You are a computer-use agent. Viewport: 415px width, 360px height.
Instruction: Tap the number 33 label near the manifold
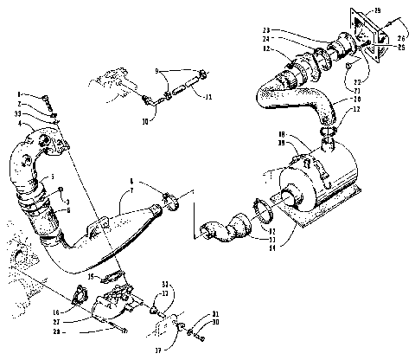(18, 113)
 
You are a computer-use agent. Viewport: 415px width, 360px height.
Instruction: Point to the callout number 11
(208, 97)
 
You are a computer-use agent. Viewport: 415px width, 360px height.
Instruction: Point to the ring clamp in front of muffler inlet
(258, 210)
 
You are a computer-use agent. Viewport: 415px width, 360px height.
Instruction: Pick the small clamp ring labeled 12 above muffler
(329, 130)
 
